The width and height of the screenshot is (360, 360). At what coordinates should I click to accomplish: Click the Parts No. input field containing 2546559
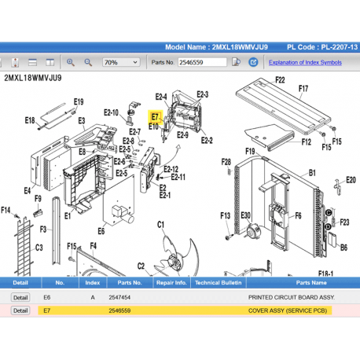[205, 62]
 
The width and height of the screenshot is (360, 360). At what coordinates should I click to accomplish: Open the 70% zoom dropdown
[116, 62]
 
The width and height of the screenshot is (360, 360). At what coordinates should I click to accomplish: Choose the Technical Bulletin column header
[218, 282]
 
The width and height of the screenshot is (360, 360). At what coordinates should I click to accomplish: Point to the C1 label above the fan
[161, 225]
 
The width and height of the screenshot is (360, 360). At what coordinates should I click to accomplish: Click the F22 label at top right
[280, 80]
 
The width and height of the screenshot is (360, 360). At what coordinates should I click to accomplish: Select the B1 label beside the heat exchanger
[312, 172]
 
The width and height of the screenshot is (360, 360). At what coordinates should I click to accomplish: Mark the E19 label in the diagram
[79, 101]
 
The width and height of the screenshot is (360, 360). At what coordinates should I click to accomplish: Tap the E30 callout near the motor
[245, 215]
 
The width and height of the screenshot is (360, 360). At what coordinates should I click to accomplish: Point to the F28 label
[226, 163]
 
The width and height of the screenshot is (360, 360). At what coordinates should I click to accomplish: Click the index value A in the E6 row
[93, 298]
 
